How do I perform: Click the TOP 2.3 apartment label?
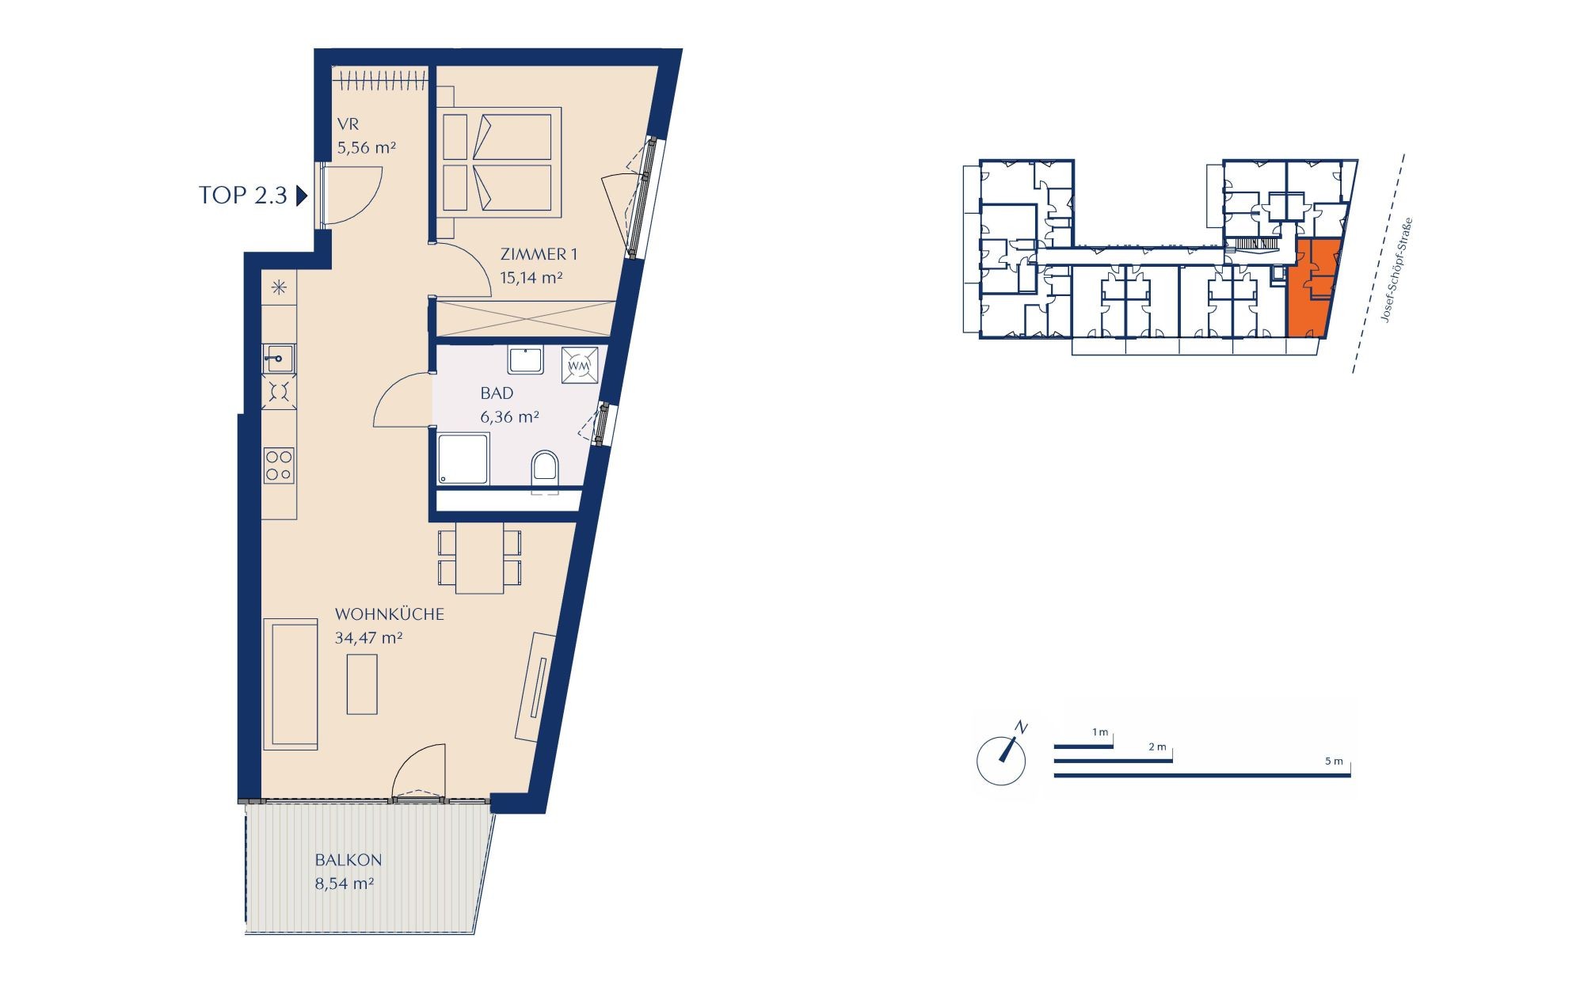(243, 196)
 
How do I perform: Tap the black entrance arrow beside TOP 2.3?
(301, 196)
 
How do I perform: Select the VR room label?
(348, 125)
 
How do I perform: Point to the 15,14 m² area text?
(531, 277)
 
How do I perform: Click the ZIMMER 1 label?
(539, 254)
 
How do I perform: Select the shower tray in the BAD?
(463, 458)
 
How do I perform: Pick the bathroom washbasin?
(525, 360)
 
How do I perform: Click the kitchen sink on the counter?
(278, 360)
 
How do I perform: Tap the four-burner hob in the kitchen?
(279, 465)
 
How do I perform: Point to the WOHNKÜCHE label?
(390, 614)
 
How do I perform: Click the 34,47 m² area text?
(368, 637)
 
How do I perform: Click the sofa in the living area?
(291, 684)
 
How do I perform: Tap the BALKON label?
(348, 860)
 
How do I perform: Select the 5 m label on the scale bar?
(1334, 762)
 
